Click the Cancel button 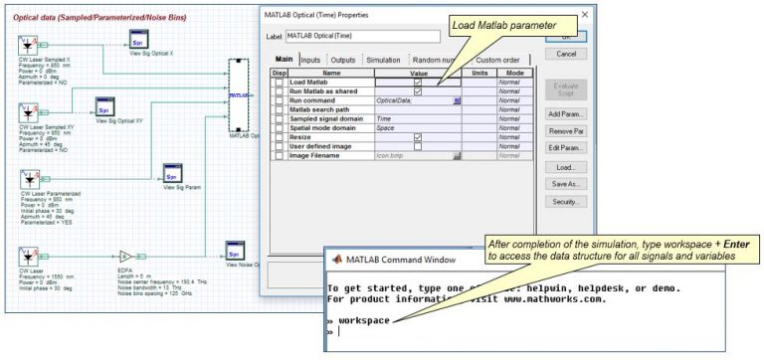pos(565,54)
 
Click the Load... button pos(565,167)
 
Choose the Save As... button pos(565,184)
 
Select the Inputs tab pos(310,60)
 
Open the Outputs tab pos(343,60)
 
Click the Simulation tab pos(383,60)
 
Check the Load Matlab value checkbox pos(418,82)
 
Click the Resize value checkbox pos(418,137)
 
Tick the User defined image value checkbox pos(418,146)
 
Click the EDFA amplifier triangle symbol pos(126,255)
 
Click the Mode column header pos(514,73)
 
